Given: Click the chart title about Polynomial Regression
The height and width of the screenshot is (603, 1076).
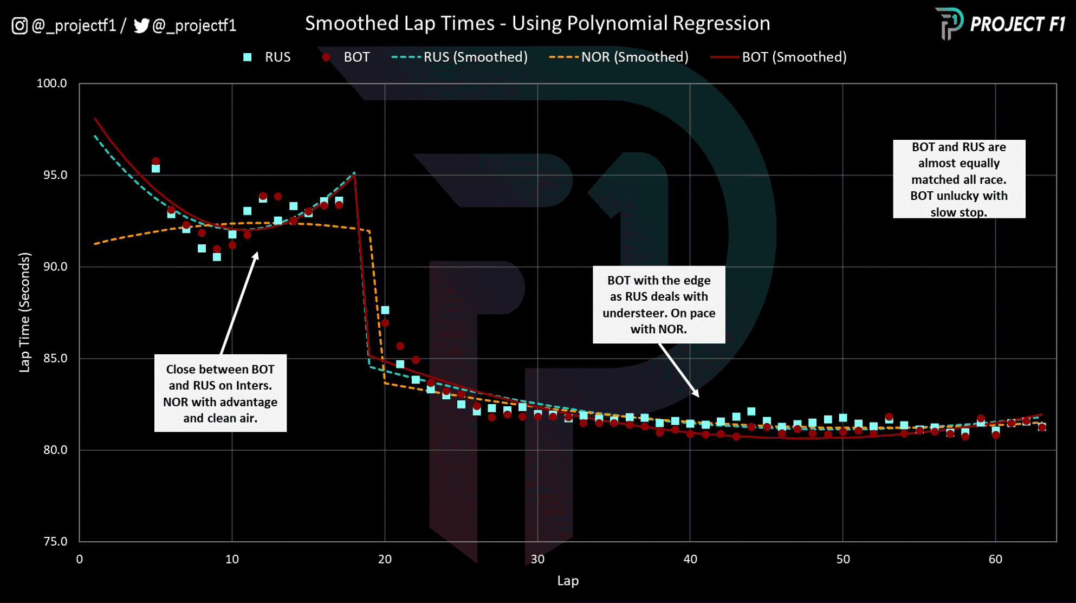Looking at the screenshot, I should pyautogui.click(x=537, y=23).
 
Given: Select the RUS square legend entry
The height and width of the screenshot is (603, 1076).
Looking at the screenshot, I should pyautogui.click(x=267, y=57).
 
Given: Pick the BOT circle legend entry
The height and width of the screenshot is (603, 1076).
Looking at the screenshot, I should pyautogui.click(x=347, y=57).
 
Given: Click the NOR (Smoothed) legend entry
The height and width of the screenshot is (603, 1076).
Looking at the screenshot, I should pyautogui.click(x=619, y=57).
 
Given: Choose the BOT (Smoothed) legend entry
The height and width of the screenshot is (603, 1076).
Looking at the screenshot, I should pyautogui.click(x=779, y=57).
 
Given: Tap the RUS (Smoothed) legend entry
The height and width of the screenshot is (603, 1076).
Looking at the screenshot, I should pyautogui.click(x=459, y=57).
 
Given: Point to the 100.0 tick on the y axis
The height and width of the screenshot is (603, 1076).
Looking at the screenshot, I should pyautogui.click(x=51, y=83).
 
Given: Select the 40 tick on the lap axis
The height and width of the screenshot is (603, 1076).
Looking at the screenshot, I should pyautogui.click(x=690, y=559).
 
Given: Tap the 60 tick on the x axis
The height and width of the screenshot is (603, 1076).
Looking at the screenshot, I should pyautogui.click(x=995, y=559).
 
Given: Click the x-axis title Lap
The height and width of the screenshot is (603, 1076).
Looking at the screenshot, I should pyautogui.click(x=568, y=581).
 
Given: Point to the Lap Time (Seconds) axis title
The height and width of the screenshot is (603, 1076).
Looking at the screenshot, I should pyautogui.click(x=25, y=312).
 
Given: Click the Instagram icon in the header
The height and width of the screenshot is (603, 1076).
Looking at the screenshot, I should pyautogui.click(x=20, y=25).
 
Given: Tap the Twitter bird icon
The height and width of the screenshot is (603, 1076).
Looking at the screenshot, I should pyautogui.click(x=141, y=25).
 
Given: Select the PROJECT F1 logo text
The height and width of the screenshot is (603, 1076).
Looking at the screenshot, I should pyautogui.click(x=1017, y=24).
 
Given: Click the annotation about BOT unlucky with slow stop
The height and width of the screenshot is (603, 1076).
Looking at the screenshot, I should pyautogui.click(x=958, y=179).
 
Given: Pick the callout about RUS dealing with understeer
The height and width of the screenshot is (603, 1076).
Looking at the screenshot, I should pyautogui.click(x=658, y=304).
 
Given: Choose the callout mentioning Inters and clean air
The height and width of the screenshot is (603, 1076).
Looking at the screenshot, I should pyautogui.click(x=220, y=393).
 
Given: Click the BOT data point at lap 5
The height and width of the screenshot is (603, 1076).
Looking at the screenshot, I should pyautogui.click(x=156, y=161).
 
